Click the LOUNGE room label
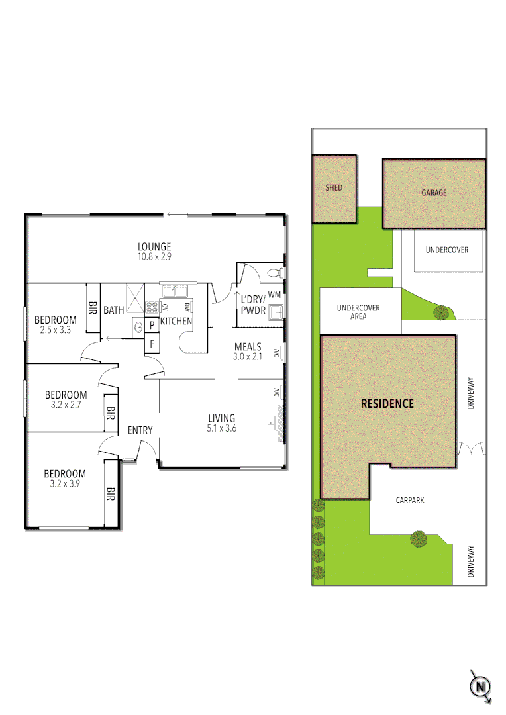(154, 246)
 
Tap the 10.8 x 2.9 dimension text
(154, 256)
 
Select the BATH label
(113, 310)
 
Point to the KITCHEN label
(176, 321)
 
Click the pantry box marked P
(152, 325)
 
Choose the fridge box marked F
(152, 344)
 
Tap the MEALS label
(248, 346)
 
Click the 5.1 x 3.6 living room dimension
(222, 428)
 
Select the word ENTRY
(140, 430)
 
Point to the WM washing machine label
(275, 294)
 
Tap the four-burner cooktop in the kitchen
(151, 307)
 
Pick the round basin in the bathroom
(138, 325)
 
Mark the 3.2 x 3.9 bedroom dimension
(65, 484)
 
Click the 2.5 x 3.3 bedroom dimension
(56, 330)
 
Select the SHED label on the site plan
(334, 188)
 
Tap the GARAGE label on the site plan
(434, 193)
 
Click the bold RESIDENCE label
(387, 403)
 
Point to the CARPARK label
(410, 501)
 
